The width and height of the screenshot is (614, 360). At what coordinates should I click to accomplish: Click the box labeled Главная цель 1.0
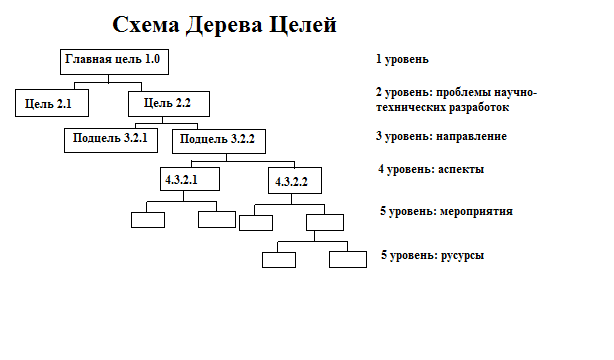(x=114, y=62)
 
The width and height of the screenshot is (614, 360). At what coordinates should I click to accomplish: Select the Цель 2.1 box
(x=52, y=103)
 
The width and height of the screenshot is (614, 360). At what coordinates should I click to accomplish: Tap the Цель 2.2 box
(x=169, y=104)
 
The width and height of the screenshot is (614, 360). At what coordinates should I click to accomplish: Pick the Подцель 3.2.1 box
(x=111, y=140)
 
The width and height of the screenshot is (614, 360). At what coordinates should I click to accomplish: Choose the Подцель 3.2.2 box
(x=219, y=141)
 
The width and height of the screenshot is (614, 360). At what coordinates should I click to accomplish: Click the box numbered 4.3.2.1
(x=190, y=179)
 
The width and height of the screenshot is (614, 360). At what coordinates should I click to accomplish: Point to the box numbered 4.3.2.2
(x=295, y=181)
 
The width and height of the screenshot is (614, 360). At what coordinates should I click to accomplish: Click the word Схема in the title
(x=146, y=25)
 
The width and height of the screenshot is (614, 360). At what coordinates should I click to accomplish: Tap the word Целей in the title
(x=303, y=25)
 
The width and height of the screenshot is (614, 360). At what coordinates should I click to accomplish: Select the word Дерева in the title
(x=224, y=25)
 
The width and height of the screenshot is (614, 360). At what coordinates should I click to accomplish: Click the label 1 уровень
(x=402, y=59)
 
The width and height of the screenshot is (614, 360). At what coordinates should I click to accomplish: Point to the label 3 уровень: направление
(x=441, y=136)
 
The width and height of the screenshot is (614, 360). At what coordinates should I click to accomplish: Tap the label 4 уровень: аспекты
(x=431, y=169)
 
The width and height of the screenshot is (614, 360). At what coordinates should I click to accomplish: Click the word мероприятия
(x=476, y=212)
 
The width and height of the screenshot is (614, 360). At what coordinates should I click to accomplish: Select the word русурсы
(x=462, y=255)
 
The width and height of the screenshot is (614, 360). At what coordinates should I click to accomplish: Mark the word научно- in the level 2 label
(x=515, y=93)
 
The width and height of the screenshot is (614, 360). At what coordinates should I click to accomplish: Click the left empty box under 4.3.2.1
(x=148, y=220)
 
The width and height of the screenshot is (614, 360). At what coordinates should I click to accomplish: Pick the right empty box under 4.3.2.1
(x=217, y=219)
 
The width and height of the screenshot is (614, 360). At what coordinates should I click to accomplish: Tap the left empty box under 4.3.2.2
(x=256, y=223)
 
